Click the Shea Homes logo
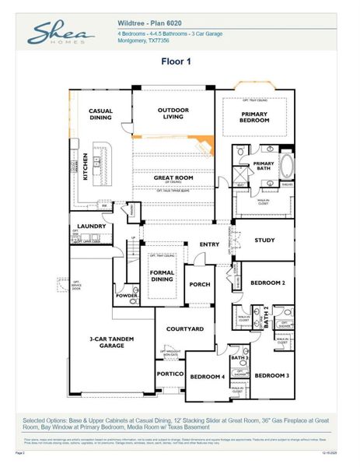click(61, 34)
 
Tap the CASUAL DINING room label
click(101, 114)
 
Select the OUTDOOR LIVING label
click(173, 114)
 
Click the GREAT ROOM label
click(173, 178)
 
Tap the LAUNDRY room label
click(91, 226)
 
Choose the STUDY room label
click(264, 241)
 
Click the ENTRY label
click(209, 244)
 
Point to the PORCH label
click(200, 285)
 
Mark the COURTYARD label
click(184, 329)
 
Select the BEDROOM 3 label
click(271, 376)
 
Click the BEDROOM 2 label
click(268, 283)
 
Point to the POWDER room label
click(126, 297)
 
